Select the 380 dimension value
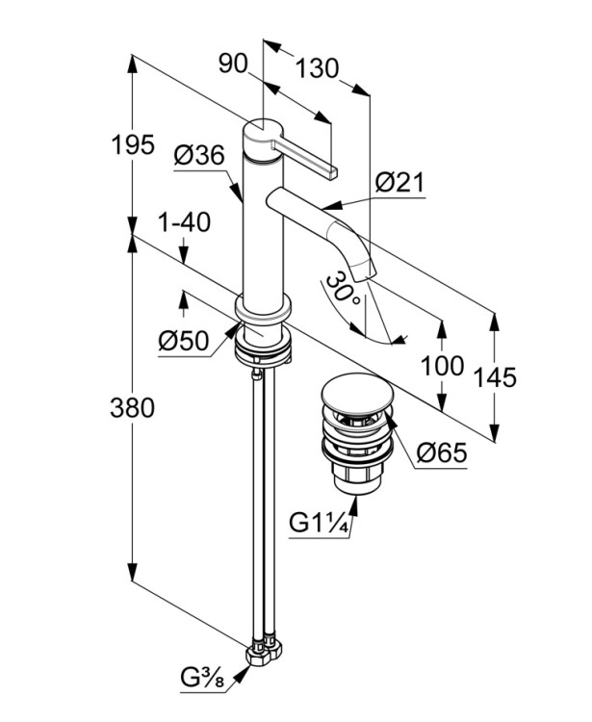coord(133,408)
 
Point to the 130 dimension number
coord(317,68)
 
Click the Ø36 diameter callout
coord(199,154)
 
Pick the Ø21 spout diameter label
coord(400,182)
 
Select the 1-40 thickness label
coord(184,222)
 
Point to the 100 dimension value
coord(442,366)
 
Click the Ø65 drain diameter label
coord(441,451)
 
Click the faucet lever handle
coord(307,158)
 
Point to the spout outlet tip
coord(361,271)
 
